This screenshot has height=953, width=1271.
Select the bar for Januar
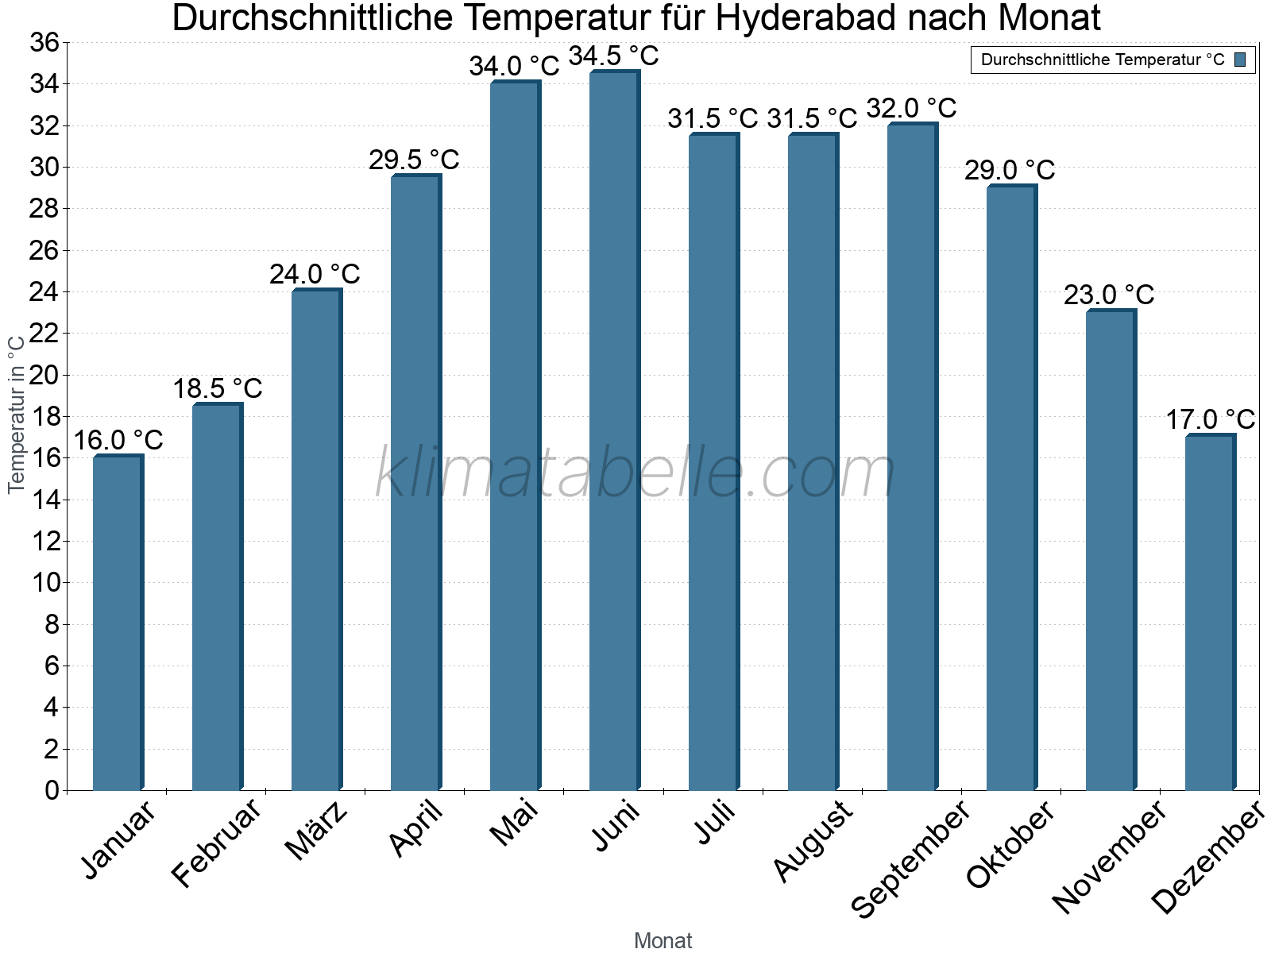[118, 623]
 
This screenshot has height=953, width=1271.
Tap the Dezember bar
[1210, 612]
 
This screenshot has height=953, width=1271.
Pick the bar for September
[912, 457]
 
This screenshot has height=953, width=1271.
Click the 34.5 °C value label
[614, 56]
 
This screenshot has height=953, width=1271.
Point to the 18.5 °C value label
[218, 389]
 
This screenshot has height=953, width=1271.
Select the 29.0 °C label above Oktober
[1010, 171]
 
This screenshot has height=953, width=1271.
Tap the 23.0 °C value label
[1109, 295]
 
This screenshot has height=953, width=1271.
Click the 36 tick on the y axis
[44, 43]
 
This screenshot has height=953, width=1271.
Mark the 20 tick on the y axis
[44, 375]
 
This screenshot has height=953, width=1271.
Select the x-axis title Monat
[663, 941]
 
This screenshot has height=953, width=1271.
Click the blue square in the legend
[1240, 60]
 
